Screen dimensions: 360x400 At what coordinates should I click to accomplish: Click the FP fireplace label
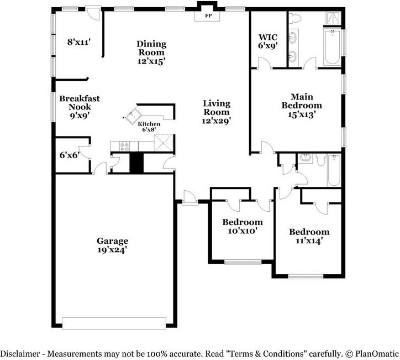[208, 16]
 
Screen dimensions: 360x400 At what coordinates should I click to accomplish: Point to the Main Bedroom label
[301, 101]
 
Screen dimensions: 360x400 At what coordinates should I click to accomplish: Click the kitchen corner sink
[132, 117]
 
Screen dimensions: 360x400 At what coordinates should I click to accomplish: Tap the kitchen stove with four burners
[125, 147]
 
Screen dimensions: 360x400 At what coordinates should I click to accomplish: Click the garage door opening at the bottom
[114, 323]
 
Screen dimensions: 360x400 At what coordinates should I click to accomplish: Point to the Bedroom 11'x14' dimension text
[309, 241]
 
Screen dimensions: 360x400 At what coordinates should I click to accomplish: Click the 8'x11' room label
[78, 41]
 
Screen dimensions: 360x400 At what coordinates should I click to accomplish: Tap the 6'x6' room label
[70, 155]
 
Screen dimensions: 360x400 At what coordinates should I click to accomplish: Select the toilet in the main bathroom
[294, 19]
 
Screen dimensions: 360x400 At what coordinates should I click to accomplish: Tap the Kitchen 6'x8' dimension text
[149, 130]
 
